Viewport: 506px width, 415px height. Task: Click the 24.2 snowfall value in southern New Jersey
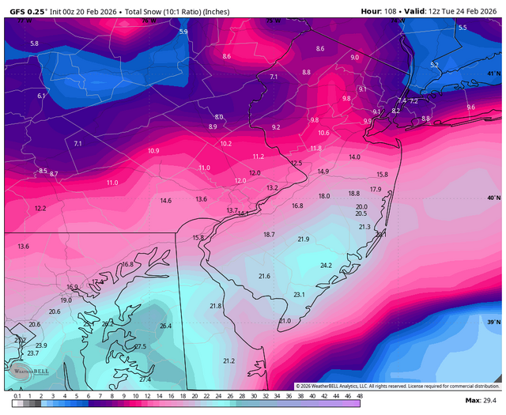click(325, 266)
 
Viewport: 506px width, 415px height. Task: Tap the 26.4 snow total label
click(165, 326)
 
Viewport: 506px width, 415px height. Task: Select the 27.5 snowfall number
click(140, 346)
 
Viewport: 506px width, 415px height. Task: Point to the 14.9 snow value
click(323, 172)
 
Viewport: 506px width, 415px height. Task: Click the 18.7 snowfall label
click(269, 234)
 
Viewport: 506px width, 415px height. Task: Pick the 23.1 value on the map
click(299, 294)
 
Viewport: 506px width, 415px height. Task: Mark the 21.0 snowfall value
click(285, 320)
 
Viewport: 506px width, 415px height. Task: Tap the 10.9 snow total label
click(153, 150)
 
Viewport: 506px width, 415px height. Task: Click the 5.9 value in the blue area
click(183, 32)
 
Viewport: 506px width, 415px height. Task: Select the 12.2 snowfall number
click(40, 208)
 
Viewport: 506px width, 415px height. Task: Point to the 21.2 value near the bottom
click(228, 360)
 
